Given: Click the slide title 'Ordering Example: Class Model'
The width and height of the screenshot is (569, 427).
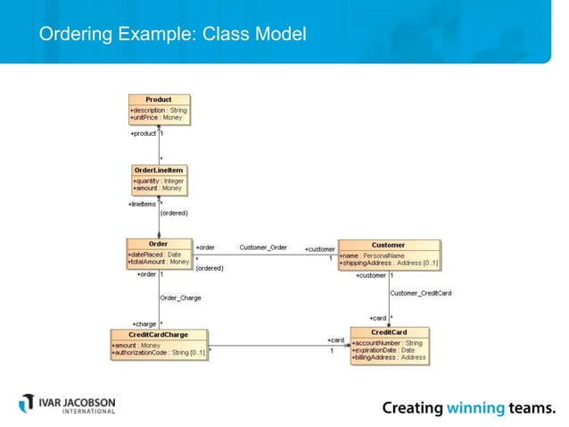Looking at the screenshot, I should (172, 35).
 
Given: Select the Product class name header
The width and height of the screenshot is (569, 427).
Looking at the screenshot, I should (159, 100).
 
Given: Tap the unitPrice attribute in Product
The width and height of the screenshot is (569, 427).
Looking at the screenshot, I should (157, 117).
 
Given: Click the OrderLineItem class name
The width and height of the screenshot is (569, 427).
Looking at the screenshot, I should (159, 170).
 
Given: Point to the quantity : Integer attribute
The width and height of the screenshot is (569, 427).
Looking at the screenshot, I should (159, 180).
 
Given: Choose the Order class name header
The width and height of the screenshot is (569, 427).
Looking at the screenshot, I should (158, 244).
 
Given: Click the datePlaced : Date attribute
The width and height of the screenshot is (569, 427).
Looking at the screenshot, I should (155, 254).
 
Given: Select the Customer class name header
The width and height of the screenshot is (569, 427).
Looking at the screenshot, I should (388, 245).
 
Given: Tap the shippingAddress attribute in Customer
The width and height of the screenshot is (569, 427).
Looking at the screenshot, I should (390, 263).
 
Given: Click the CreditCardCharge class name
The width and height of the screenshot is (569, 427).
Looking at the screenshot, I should (159, 334).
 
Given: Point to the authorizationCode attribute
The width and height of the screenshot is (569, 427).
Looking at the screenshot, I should (159, 353).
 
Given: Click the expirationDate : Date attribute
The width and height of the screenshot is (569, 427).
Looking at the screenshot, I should (384, 350).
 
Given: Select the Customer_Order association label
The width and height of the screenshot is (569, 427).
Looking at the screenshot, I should (263, 247).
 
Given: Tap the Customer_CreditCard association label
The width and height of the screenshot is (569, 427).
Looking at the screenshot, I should (420, 293).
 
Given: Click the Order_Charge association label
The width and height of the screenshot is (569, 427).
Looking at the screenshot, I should (180, 297).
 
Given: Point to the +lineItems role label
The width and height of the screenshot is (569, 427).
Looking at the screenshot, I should (142, 205).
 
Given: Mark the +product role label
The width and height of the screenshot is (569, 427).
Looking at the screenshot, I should (143, 134).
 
